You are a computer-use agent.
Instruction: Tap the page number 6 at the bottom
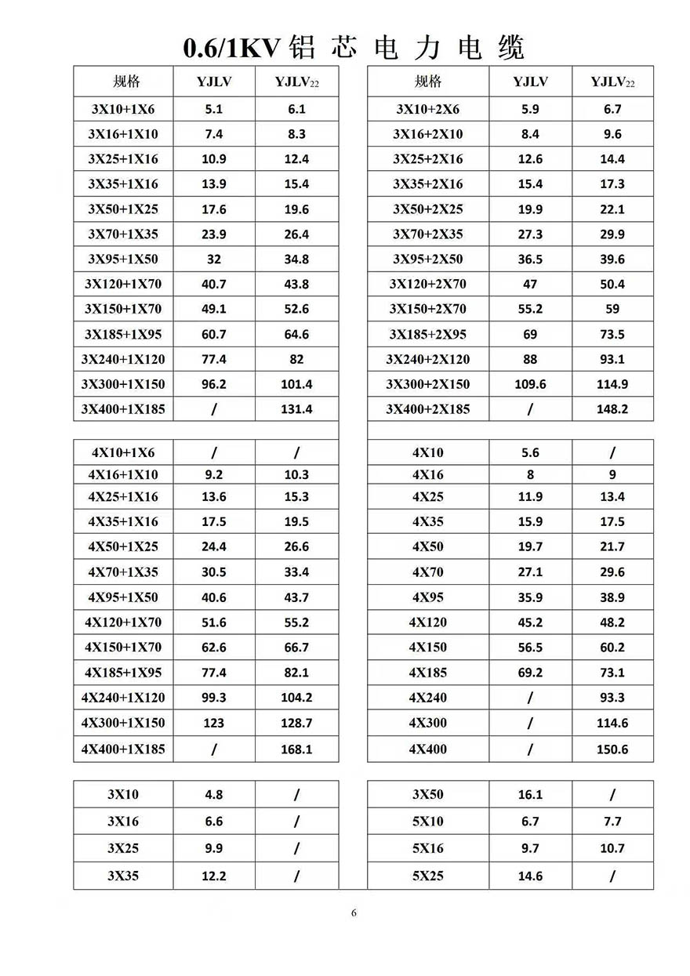click(x=354, y=913)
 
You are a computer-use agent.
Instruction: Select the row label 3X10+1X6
click(x=123, y=109)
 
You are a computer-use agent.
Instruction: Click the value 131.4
click(x=296, y=409)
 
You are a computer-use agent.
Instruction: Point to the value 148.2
click(x=612, y=409)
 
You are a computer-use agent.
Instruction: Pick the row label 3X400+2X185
click(x=427, y=409)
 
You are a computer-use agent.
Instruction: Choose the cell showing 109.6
click(x=530, y=384)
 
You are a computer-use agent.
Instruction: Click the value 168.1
click(x=296, y=749)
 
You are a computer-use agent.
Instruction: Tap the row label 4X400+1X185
click(x=123, y=749)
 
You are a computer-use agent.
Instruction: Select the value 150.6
click(x=612, y=749)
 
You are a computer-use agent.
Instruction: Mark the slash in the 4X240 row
click(x=530, y=697)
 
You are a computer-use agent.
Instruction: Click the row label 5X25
click(x=427, y=876)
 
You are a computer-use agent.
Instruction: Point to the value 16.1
click(x=530, y=794)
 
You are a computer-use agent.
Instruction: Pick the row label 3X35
click(x=123, y=876)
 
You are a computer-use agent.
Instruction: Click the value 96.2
click(x=214, y=384)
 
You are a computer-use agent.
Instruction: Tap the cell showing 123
click(x=214, y=723)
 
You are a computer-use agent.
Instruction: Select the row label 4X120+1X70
click(x=123, y=622)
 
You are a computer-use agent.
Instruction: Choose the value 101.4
click(x=296, y=384)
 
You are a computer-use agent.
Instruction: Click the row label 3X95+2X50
click(x=427, y=259)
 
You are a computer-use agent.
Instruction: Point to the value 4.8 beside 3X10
click(x=214, y=794)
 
